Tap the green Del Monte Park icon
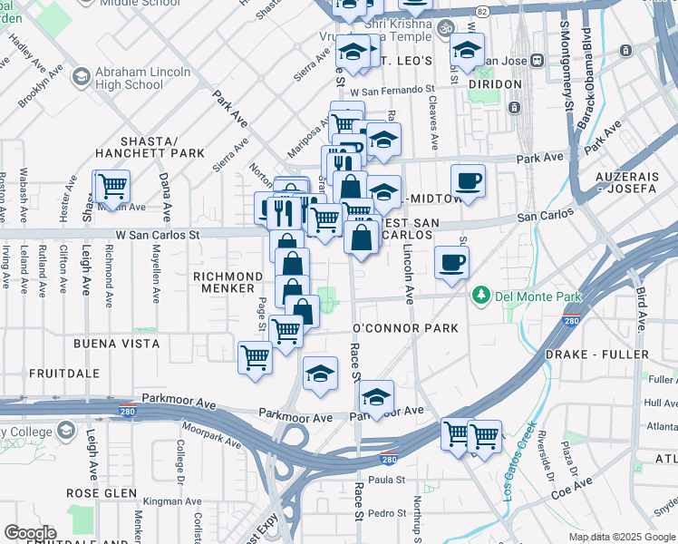click(x=479, y=296)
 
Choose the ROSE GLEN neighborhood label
click(x=102, y=493)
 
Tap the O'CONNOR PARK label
click(x=405, y=327)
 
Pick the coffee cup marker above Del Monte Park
click(x=451, y=264)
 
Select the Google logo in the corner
click(x=30, y=533)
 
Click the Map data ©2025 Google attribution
click(x=622, y=537)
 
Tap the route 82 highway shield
click(x=482, y=11)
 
